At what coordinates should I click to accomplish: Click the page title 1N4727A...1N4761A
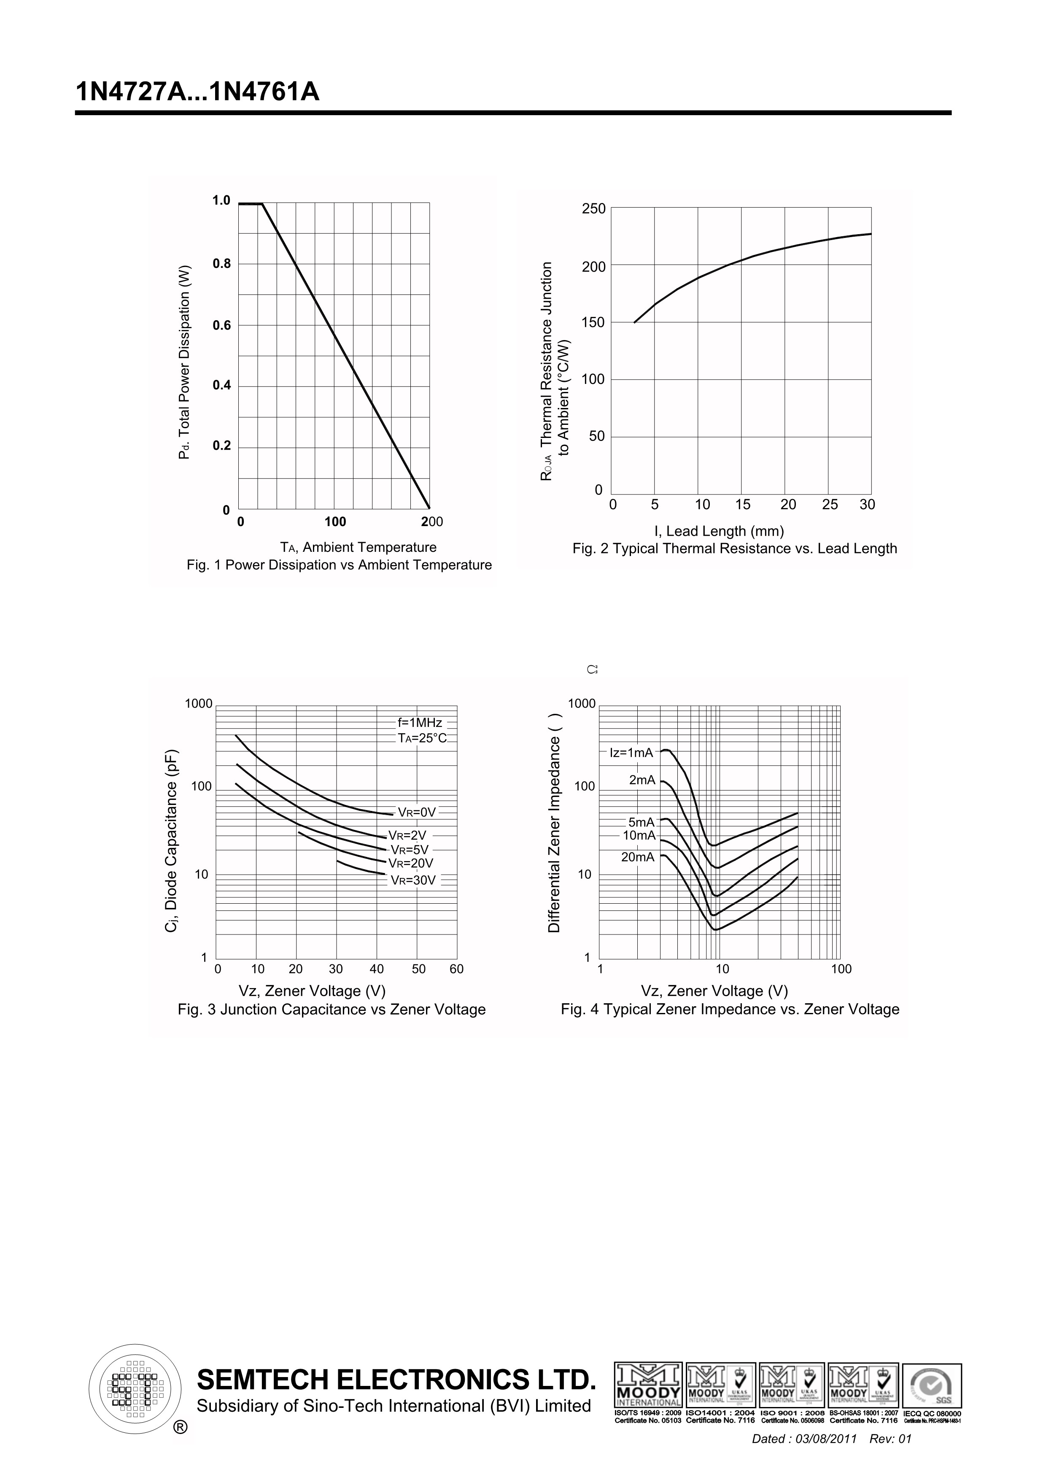[197, 92]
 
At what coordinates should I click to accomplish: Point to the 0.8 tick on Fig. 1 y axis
[221, 264]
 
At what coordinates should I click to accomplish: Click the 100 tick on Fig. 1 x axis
[335, 522]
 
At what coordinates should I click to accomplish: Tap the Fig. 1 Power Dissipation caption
[339, 565]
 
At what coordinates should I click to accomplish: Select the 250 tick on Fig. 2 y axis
[593, 209]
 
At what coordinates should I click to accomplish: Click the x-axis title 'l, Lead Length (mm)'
[719, 531]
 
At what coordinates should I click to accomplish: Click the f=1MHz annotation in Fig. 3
[420, 723]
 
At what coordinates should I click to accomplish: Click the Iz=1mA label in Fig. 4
[631, 753]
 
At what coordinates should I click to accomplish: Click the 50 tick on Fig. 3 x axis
[418, 969]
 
